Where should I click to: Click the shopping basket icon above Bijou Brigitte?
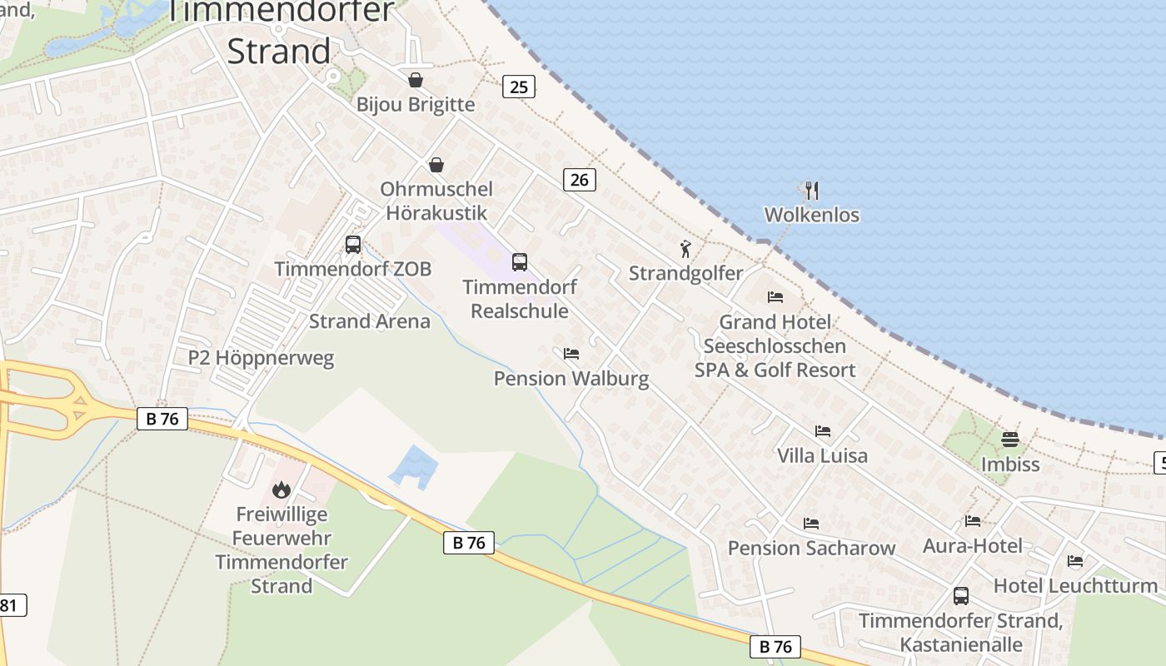coord(415,80)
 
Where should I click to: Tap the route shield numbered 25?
coord(519,86)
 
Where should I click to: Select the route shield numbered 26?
coord(580,179)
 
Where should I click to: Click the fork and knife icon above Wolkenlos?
coord(812,191)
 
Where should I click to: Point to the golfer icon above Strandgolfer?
coord(685,248)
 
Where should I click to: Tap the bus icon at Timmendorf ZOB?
coord(353,245)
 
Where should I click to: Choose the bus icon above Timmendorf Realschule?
coord(520,262)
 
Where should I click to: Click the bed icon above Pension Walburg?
coord(571,354)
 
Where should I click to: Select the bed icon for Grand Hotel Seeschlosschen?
coord(775,296)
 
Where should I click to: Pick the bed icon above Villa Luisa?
coord(823,431)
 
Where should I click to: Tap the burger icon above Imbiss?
coord(1010,439)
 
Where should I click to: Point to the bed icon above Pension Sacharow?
coord(811,524)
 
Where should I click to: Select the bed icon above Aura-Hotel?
coord(973,521)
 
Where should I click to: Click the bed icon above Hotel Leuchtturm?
coord(1075,561)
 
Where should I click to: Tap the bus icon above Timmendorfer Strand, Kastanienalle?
coord(961,596)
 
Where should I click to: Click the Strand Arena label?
coord(370,321)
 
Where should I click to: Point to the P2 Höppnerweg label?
coord(261,358)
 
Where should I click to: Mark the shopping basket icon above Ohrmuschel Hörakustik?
coord(436,165)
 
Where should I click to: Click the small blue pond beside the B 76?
coord(412,466)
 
